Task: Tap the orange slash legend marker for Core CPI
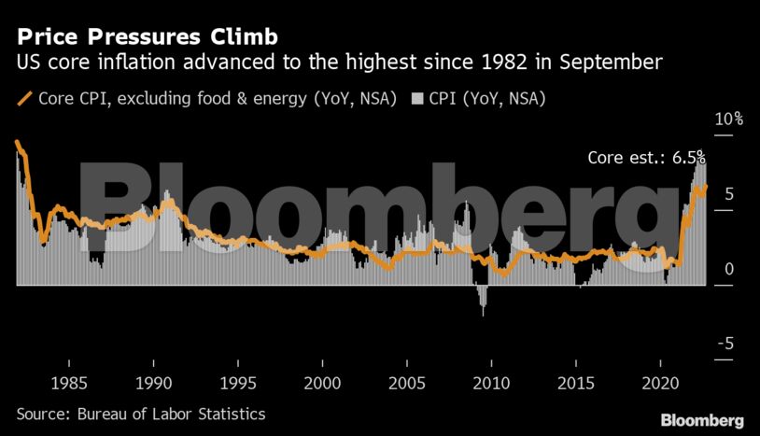coord(23,97)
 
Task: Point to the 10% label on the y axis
coord(729,120)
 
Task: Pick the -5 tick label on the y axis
coord(725,344)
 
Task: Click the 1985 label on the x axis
coord(70,384)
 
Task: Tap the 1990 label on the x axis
coord(154,384)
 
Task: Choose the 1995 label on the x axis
coord(238,384)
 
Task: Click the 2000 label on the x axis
coord(322,384)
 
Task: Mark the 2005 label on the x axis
coord(407,384)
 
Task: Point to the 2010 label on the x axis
coord(491,384)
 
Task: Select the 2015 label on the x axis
coord(575,384)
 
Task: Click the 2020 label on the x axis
coord(659,384)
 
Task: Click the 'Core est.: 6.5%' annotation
coord(645,158)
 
